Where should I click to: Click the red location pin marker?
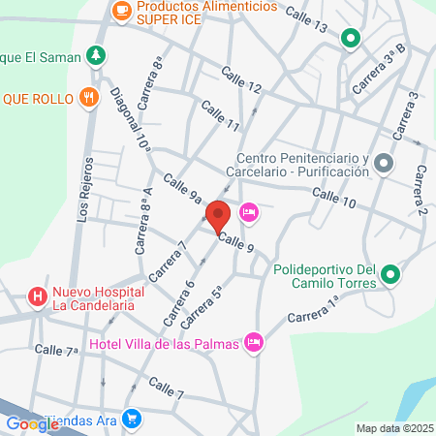click(x=218, y=215)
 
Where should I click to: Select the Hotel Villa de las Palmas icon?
click(x=255, y=341)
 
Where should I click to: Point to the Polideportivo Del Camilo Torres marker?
click(x=391, y=276)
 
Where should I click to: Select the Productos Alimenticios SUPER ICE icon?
click(x=121, y=11)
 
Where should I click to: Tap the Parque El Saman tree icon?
click(x=95, y=54)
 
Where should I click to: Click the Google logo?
click(x=32, y=423)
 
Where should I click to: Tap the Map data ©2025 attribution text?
click(x=393, y=428)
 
